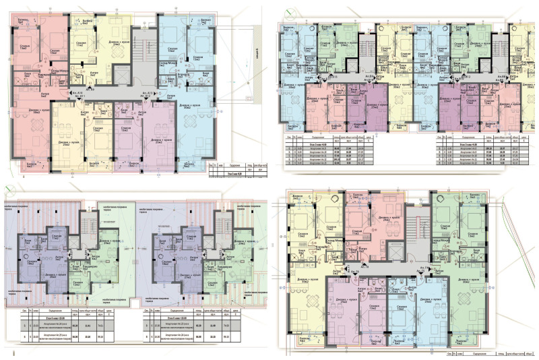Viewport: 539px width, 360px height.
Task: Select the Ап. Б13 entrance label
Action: point(332,77)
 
